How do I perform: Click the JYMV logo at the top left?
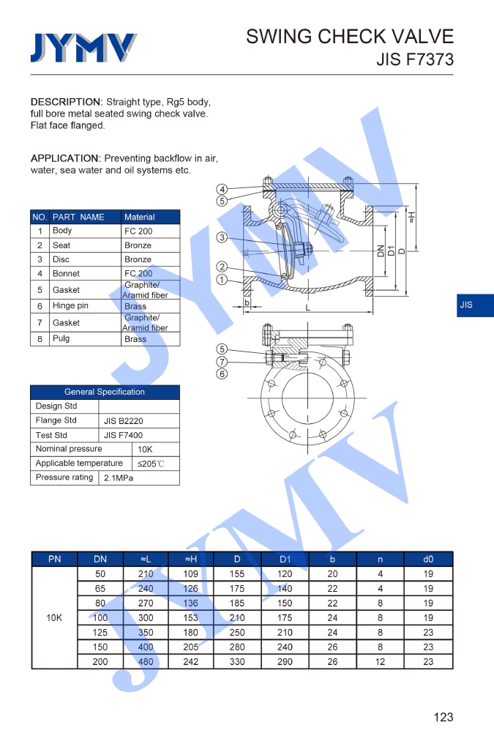pos(83,48)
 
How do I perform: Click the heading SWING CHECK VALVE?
pos(350,37)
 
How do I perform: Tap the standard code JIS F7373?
pos(415,59)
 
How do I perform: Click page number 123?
pos(443,717)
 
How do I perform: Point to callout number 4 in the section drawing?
pos(222,190)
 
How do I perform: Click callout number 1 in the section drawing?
pos(222,280)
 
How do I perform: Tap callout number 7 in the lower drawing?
pos(222,362)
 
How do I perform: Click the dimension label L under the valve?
pos(308,308)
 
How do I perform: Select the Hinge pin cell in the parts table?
pos(70,306)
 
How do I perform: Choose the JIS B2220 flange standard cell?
pos(123,421)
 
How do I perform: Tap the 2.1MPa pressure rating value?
pos(119,478)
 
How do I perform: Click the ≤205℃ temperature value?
pos(151,464)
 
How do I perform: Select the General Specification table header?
pos(105,392)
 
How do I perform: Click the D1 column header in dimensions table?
pos(285,560)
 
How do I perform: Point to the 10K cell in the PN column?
pos(54,617)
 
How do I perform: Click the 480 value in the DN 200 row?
pos(146,661)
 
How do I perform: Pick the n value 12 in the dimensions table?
pos(380,661)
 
